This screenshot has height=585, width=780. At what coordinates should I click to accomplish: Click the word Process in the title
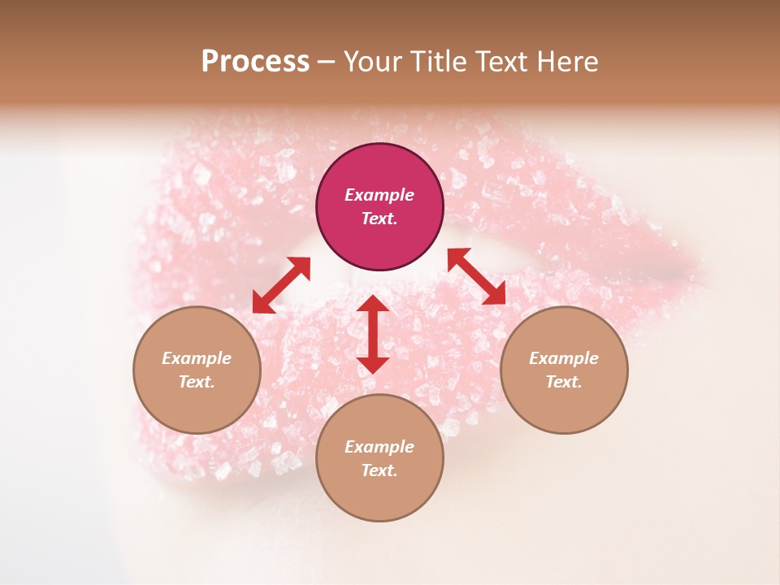255,62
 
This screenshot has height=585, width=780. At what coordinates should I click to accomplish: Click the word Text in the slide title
501,62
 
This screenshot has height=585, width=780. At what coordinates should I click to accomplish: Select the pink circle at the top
379,207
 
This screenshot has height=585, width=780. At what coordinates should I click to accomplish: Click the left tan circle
197,370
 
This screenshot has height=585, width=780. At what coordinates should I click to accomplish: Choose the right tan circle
564,370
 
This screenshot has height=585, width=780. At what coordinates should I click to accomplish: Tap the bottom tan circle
379,457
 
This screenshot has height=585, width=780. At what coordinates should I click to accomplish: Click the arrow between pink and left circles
281,285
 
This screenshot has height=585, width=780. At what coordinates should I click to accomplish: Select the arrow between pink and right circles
476,276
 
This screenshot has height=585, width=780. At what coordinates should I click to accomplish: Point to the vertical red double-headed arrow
373,334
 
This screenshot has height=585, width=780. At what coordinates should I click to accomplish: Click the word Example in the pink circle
379,195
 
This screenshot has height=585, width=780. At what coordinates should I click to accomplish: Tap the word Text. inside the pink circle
379,219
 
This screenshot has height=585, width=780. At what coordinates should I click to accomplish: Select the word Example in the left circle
197,358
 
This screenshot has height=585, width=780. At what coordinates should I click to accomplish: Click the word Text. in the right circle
564,382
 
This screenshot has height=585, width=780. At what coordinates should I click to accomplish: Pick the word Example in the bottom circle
379,447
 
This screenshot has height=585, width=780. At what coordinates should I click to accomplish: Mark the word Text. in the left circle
197,382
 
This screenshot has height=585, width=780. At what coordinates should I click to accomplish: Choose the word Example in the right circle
564,358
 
